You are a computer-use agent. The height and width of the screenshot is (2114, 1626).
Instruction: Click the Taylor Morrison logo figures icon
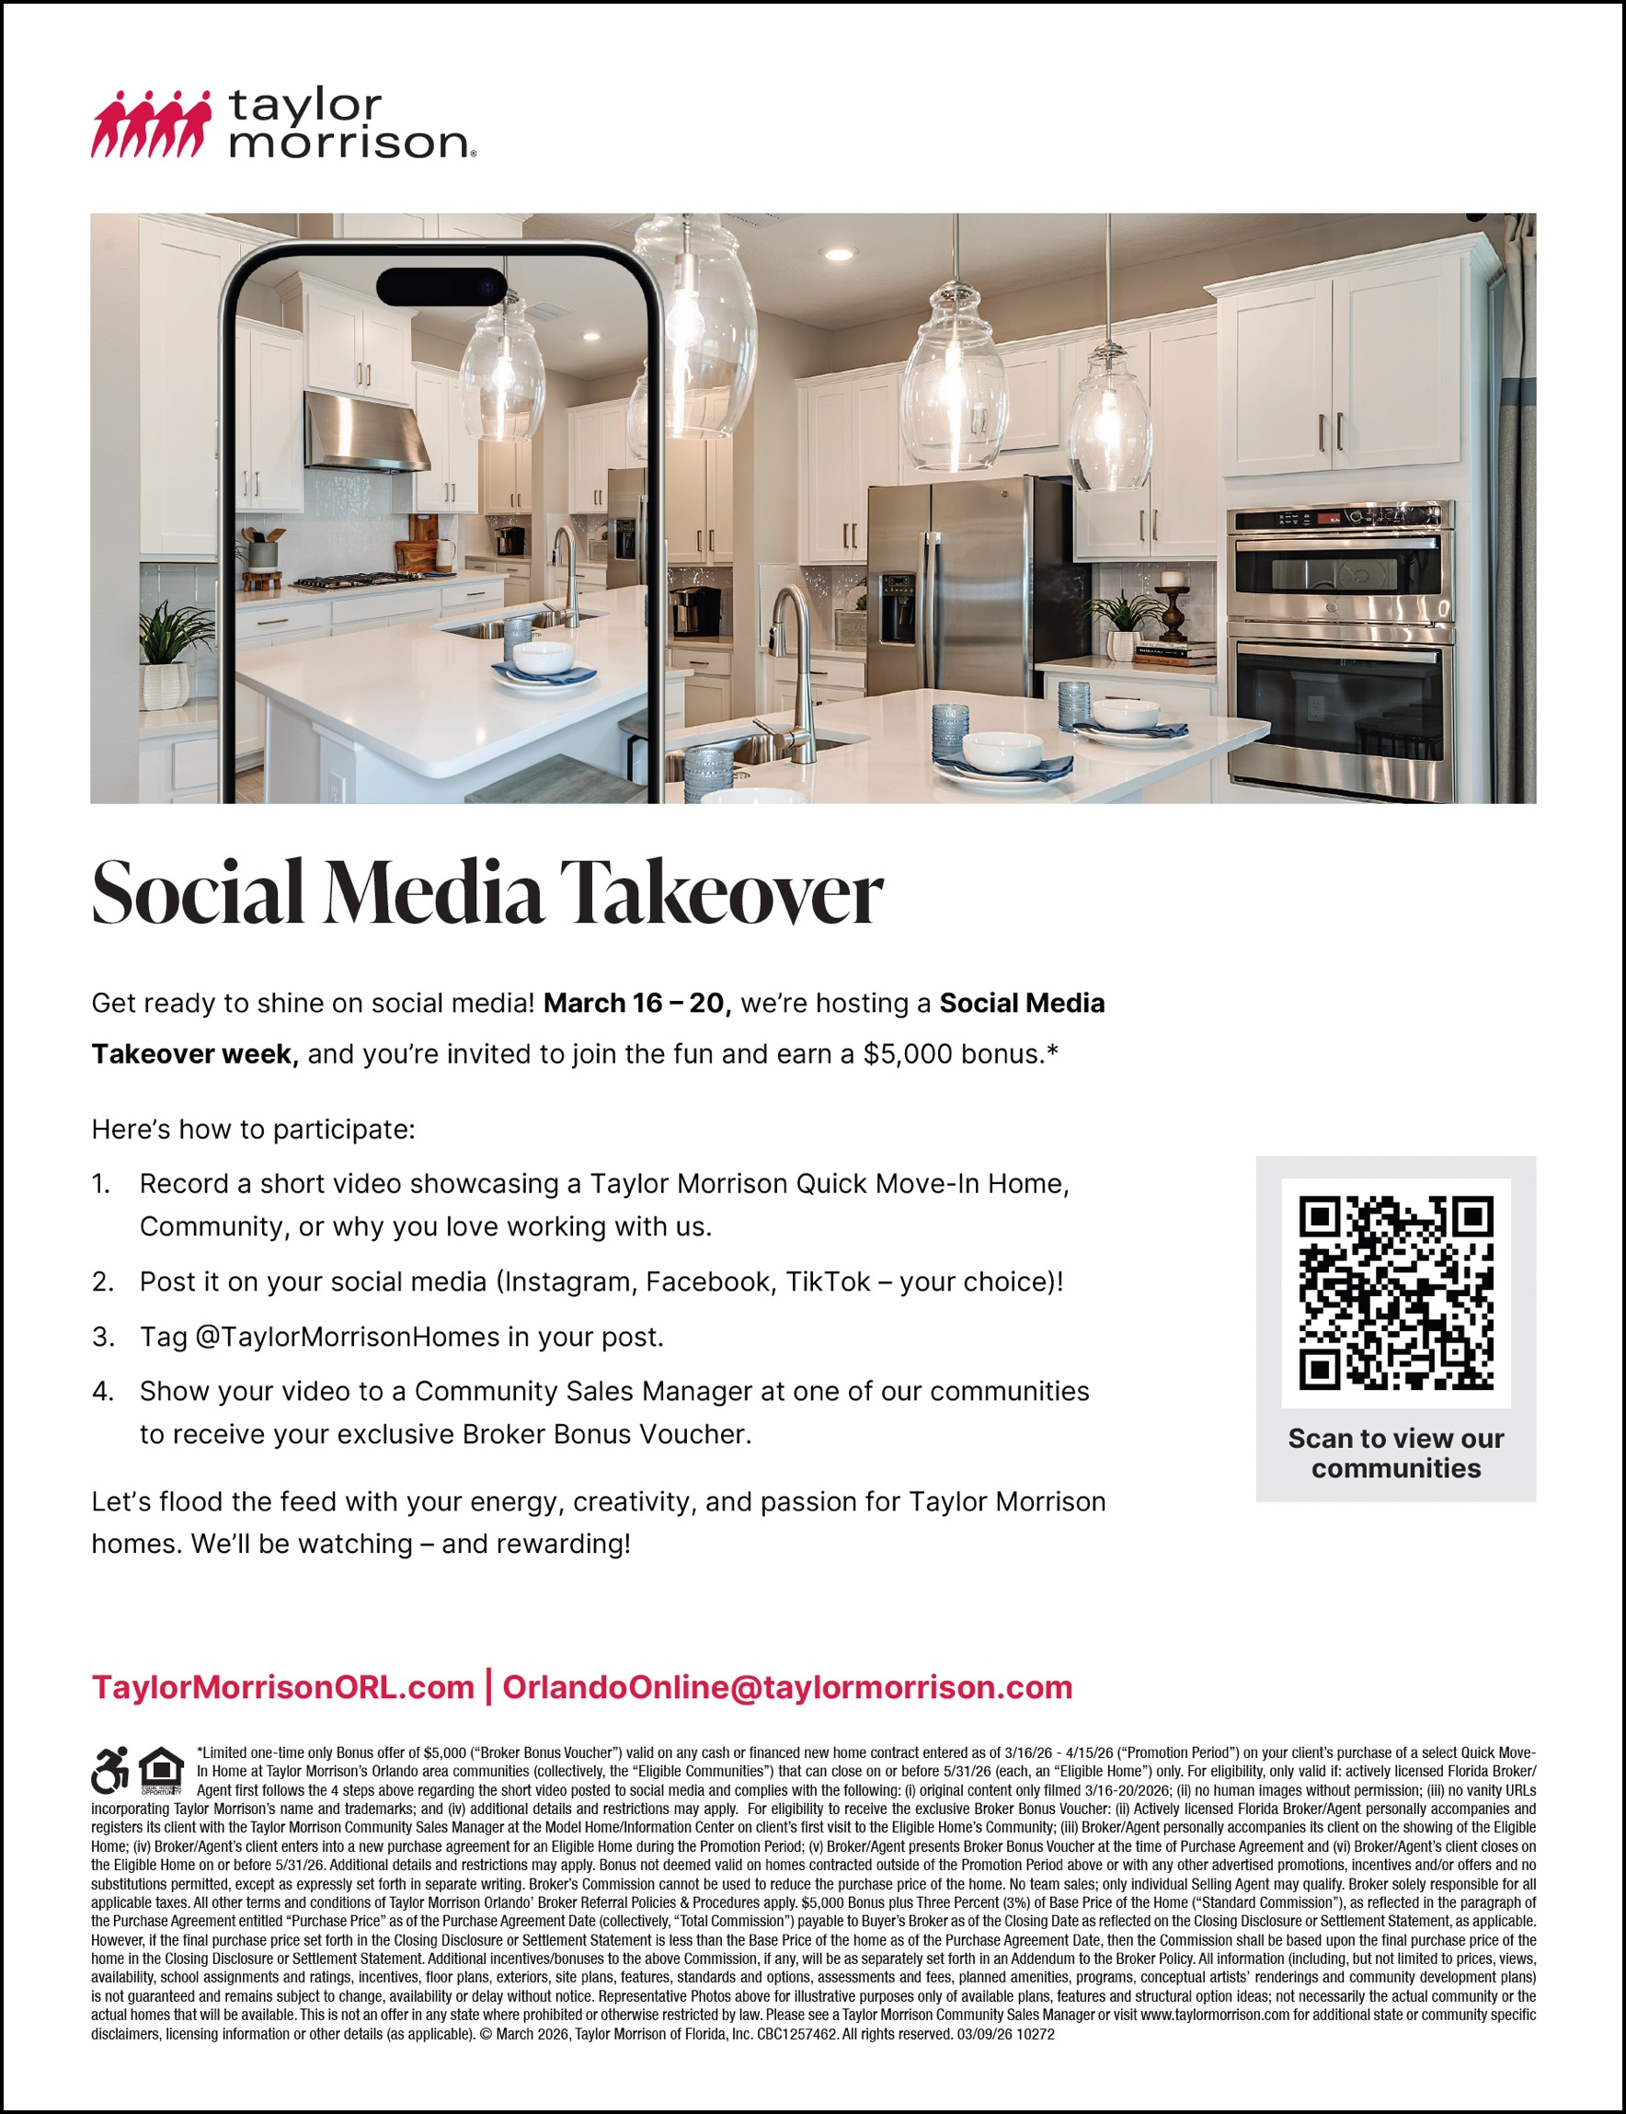pos(150,125)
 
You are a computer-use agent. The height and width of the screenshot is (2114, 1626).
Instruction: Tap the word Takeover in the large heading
pos(721,892)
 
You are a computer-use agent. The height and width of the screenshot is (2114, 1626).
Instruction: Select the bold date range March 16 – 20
pos(634,1004)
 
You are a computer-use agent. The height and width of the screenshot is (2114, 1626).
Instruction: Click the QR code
pos(1396,1293)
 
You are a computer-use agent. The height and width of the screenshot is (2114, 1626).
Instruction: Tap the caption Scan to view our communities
pos(1396,1453)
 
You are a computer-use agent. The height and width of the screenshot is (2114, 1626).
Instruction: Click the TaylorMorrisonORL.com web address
pos(282,1687)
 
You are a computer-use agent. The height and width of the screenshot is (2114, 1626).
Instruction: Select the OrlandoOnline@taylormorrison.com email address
pos(787,1687)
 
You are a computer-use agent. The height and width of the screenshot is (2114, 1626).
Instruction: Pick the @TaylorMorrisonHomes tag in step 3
pos(348,1337)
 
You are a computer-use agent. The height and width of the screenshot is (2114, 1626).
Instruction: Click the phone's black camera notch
pos(441,286)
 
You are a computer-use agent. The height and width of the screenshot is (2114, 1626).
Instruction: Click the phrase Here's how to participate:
pos(253,1130)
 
